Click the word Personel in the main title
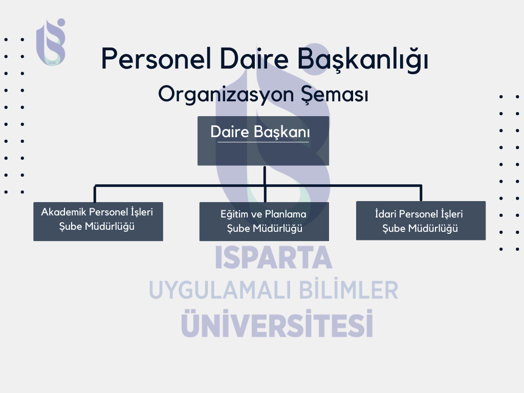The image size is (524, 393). click(x=156, y=58)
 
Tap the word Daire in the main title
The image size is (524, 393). click(x=254, y=58)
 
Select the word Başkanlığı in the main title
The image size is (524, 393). click(x=363, y=59)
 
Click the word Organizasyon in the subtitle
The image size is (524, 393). click(x=226, y=95)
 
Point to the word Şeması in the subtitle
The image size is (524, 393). click(x=335, y=95)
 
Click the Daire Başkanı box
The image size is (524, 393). click(x=264, y=141)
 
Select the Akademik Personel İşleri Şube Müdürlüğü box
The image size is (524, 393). click(x=98, y=221)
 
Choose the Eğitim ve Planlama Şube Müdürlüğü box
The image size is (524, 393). click(x=264, y=221)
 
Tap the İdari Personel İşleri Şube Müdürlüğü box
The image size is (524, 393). click(x=421, y=221)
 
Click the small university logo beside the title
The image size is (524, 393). click(x=51, y=42)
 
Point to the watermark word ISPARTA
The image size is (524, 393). click(x=273, y=257)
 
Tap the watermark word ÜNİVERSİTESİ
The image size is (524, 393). click(x=277, y=323)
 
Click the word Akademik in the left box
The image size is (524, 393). click(x=63, y=212)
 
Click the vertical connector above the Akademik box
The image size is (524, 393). click(x=95, y=194)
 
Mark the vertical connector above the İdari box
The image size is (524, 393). click(x=421, y=193)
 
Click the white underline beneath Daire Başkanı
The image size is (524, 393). click(x=263, y=142)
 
